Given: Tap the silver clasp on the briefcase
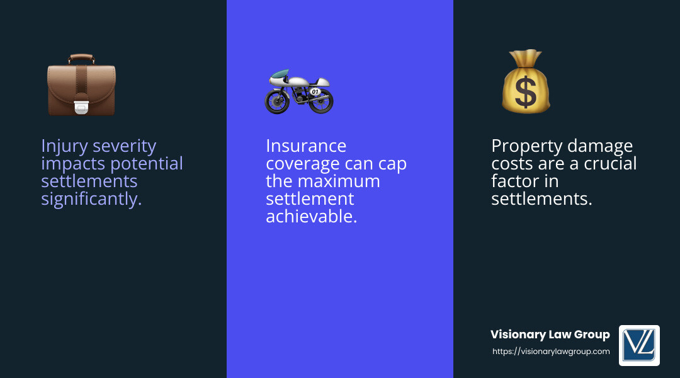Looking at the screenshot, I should click(81, 107).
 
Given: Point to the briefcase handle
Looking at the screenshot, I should click(81, 58).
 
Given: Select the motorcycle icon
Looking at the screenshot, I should click(298, 92).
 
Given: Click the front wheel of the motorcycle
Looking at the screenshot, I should click(276, 102).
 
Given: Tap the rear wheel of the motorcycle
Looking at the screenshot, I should click(321, 101).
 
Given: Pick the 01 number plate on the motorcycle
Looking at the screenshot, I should click(315, 91).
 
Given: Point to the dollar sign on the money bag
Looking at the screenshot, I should click(526, 93).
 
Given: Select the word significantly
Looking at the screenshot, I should click(91, 199).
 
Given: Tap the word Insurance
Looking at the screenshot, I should click(306, 146).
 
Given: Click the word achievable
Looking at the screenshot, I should click(312, 217).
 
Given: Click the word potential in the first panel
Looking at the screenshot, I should click(146, 164).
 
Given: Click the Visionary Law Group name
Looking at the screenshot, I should click(550, 335).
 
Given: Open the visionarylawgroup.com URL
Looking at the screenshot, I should click(551, 352).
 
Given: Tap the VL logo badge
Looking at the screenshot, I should click(639, 345).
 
